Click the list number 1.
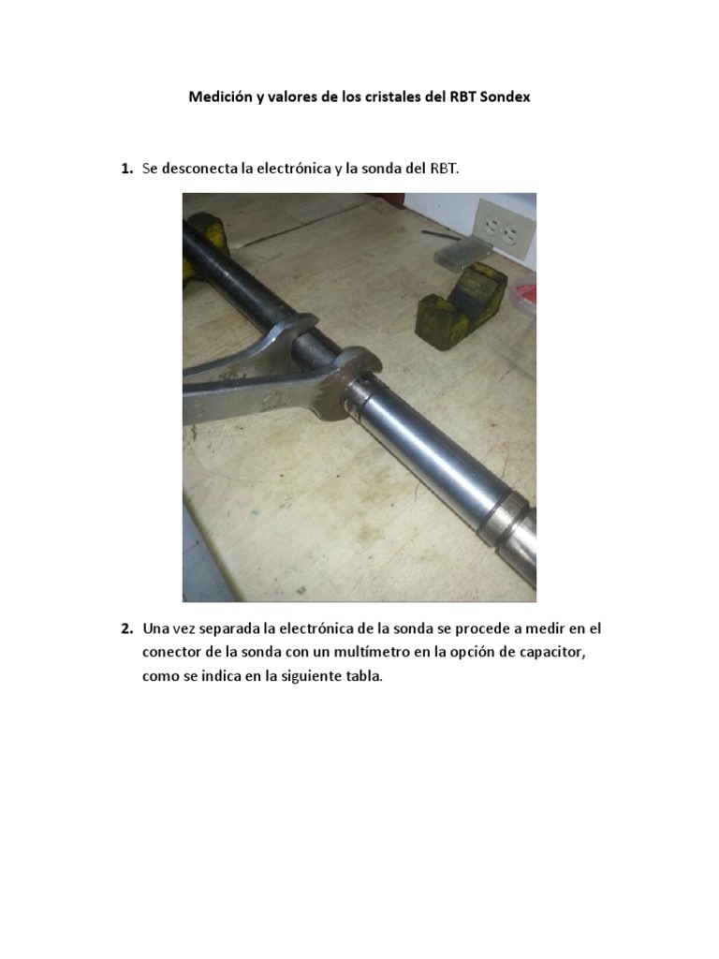pyautogui.click(x=125, y=170)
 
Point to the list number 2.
pyautogui.click(x=125, y=627)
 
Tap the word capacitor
pyautogui.click(x=565, y=652)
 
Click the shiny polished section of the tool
pyautogui.click(x=431, y=450)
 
